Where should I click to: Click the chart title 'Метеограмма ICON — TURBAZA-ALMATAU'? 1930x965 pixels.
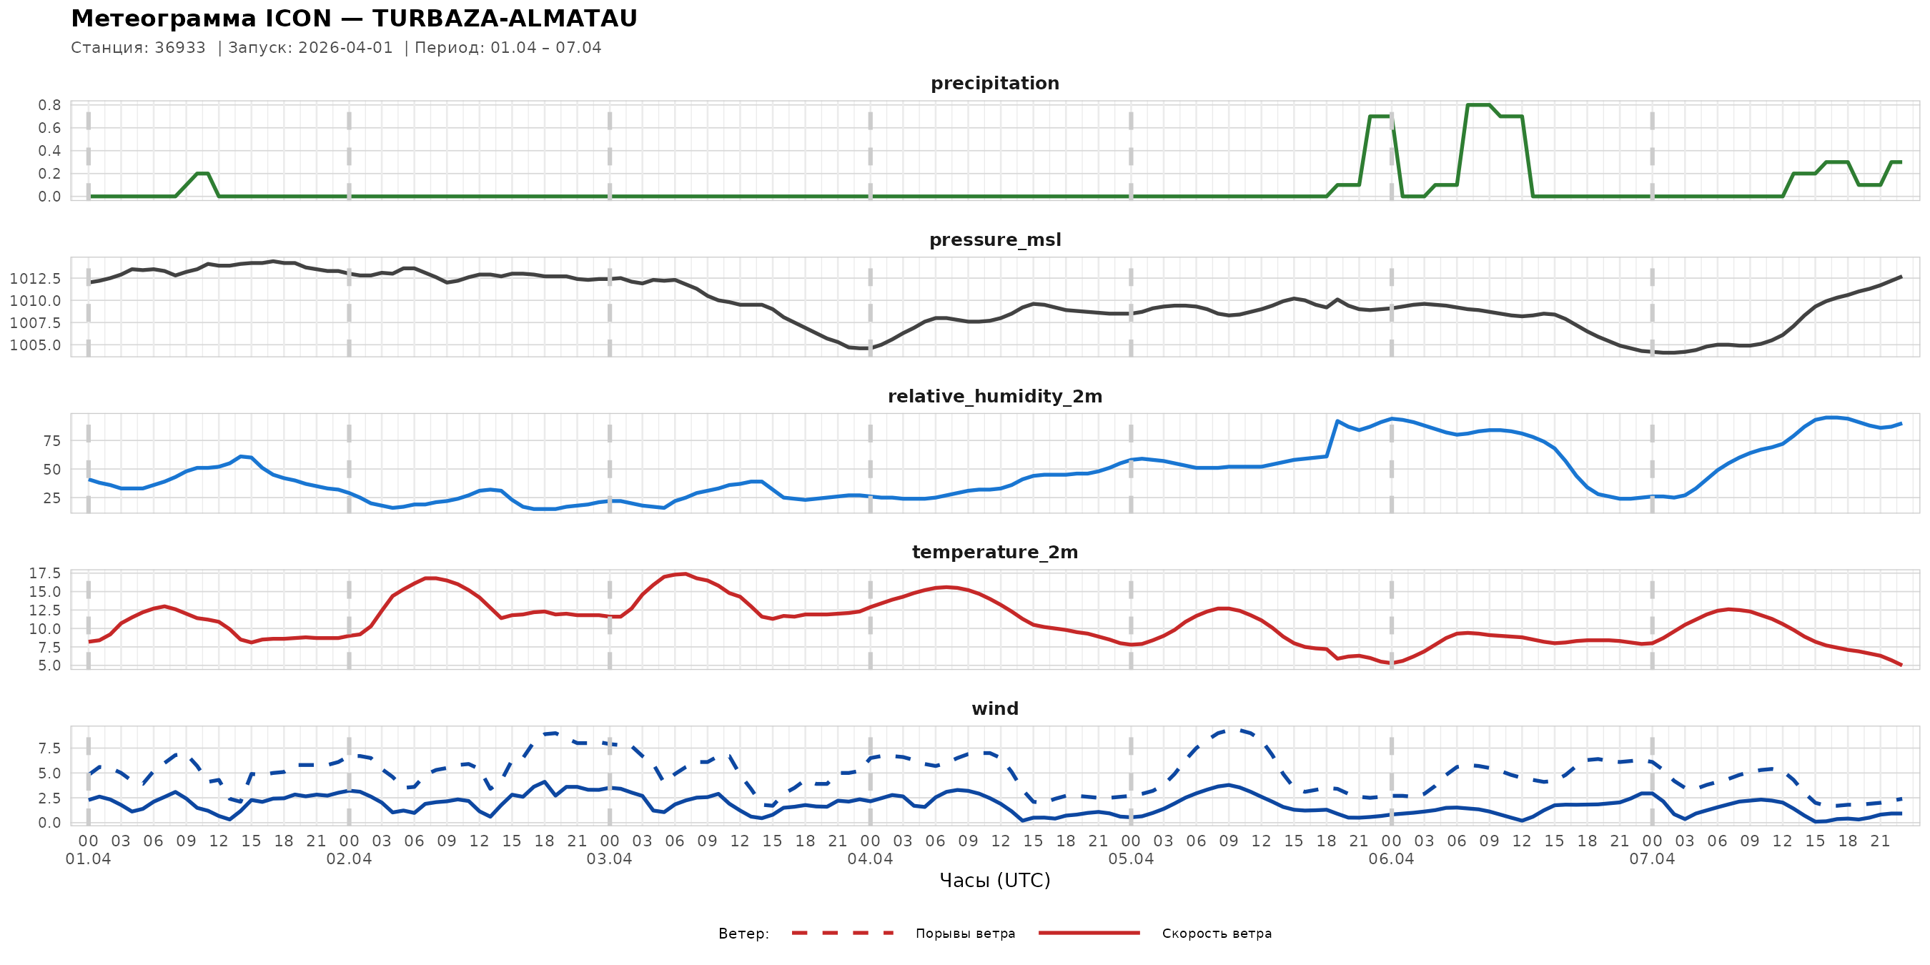tap(354, 19)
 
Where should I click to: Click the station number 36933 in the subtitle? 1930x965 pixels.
tap(180, 48)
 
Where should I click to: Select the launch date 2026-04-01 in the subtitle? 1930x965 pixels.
tap(345, 48)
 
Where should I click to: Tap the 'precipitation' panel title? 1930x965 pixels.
tap(994, 83)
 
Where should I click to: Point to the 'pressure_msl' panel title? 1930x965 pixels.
tap(994, 239)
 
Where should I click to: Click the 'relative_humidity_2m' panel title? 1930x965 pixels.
tap(994, 396)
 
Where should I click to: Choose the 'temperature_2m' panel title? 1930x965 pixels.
tap(994, 552)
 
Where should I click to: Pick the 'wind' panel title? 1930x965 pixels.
tap(994, 709)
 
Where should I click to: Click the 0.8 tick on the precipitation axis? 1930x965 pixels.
tap(49, 105)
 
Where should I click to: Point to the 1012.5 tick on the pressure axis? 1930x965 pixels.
tap(35, 279)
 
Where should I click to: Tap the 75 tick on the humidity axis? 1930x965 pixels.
tap(51, 440)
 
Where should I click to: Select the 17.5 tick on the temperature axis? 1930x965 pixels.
tap(45, 573)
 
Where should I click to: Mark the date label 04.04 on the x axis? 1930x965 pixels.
tap(870, 859)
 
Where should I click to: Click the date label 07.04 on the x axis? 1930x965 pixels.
tap(1651, 859)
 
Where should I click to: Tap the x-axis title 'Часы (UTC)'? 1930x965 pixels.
tap(994, 881)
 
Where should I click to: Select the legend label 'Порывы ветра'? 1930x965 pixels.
tap(965, 934)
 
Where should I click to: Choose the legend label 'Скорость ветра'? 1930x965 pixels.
tap(1216, 934)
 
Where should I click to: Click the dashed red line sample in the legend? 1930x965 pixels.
tap(842, 933)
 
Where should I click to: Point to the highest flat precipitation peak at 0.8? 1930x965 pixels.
tap(1478, 105)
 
